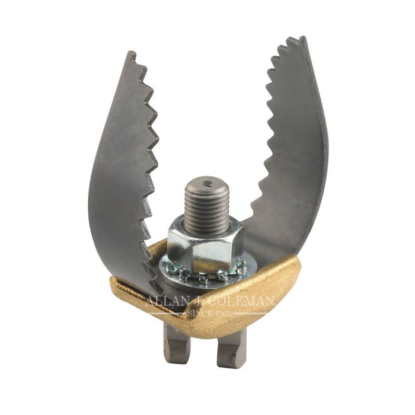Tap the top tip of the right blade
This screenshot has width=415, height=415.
303,39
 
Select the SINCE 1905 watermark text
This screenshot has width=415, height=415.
207,314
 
